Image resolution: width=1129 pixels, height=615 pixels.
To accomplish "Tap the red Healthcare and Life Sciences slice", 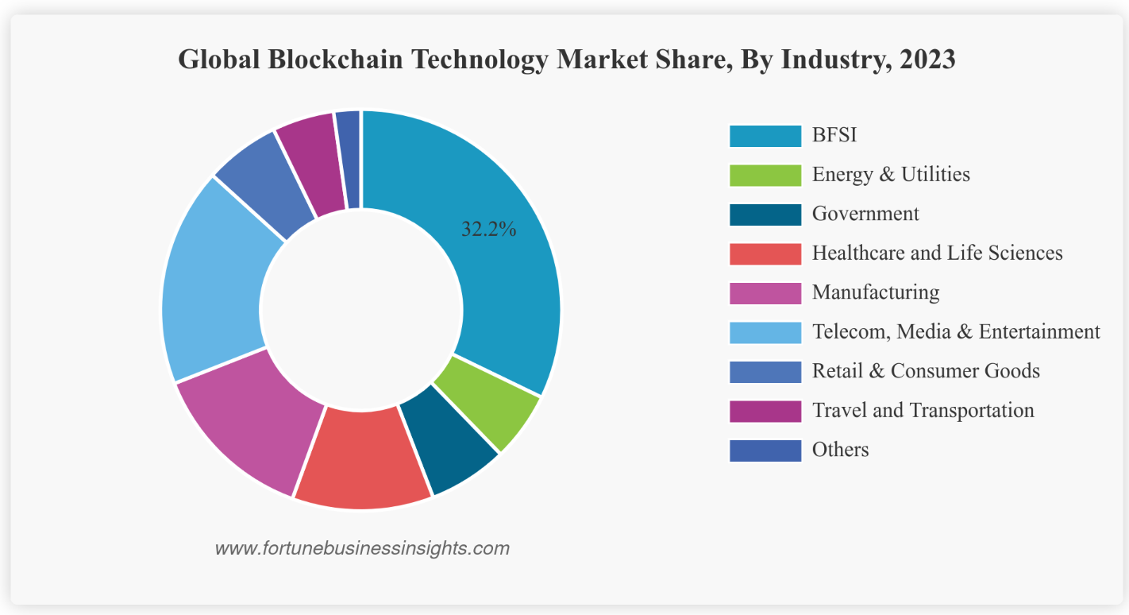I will tap(363, 459).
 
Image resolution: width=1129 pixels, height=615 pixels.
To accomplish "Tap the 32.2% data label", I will tap(489, 230).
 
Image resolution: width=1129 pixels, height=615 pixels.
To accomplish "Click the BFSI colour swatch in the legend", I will tap(765, 136).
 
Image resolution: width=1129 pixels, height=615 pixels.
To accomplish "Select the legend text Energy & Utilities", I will tap(891, 174).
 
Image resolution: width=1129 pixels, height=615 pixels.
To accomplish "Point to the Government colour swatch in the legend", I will tap(765, 215).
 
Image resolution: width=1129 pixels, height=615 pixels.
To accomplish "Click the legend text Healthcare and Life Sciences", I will tap(937, 253).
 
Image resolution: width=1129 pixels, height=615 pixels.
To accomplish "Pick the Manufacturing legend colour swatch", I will tap(765, 293).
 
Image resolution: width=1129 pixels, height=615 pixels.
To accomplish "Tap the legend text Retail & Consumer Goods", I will tap(926, 370).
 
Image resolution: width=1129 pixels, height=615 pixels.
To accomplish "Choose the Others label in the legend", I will tap(840, 450).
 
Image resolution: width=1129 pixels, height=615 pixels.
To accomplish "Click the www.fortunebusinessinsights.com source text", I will tap(362, 548).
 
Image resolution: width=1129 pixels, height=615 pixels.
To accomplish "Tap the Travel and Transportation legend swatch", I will tap(765, 411).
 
